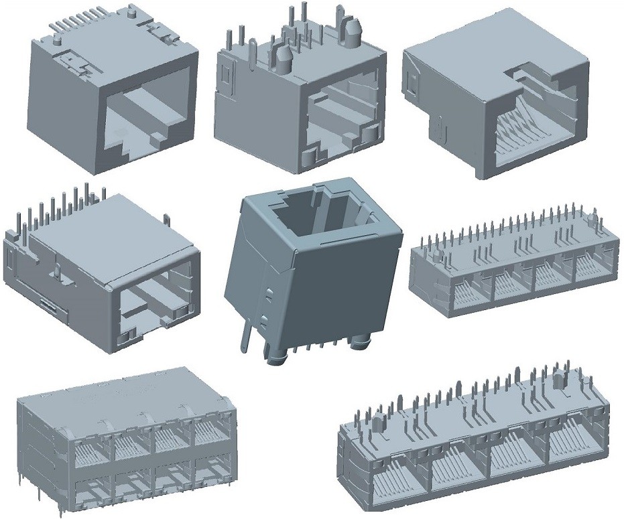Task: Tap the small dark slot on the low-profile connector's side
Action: tap(50, 305)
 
